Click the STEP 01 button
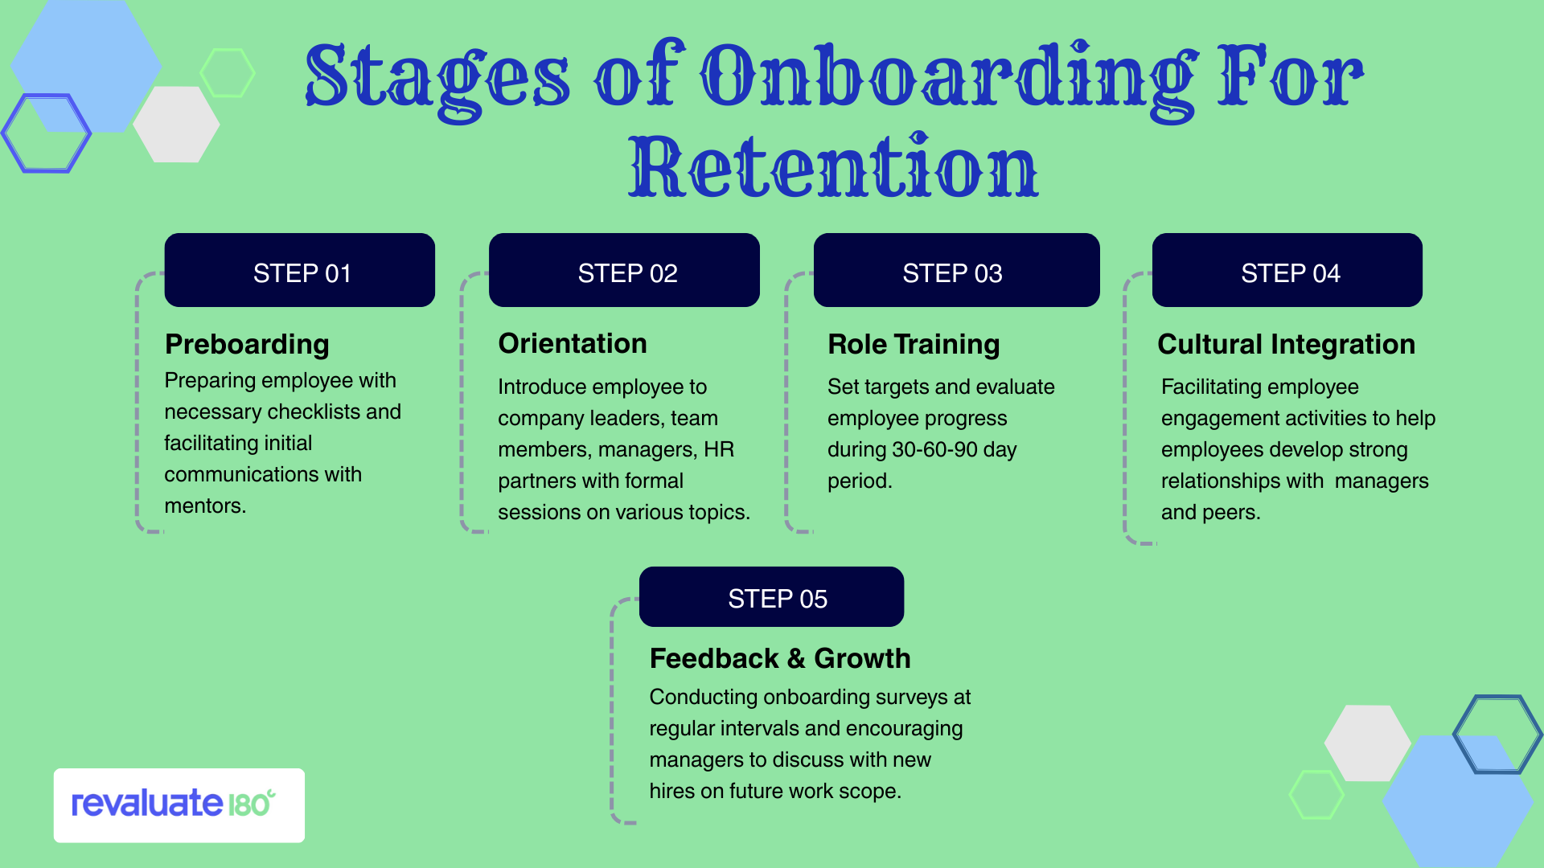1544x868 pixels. [299, 271]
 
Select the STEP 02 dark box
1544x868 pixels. [624, 271]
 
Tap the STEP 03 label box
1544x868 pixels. [956, 271]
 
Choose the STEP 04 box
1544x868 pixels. [1287, 271]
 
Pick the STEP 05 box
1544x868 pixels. [771, 597]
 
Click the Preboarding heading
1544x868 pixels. [247, 344]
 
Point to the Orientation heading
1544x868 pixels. [572, 343]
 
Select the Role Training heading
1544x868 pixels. [914, 344]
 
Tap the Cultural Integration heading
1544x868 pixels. [1286, 344]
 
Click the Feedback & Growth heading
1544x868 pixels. [779, 658]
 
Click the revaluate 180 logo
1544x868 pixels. [179, 805]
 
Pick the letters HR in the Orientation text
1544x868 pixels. [719, 449]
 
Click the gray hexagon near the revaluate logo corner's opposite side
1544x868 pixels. [1367, 743]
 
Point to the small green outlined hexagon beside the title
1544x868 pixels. [228, 73]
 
